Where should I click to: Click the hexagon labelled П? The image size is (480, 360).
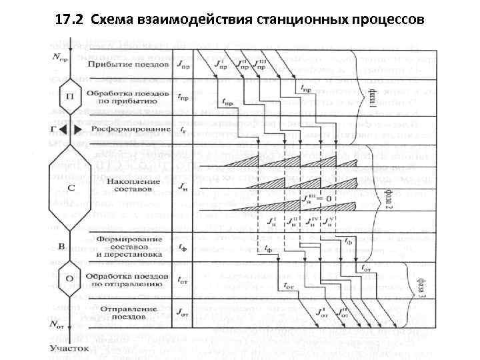[x=69, y=97]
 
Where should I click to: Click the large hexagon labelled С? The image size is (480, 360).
[x=70, y=187]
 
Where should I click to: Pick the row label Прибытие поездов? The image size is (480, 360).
[x=124, y=65]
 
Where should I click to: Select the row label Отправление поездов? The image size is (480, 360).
[x=125, y=313]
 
